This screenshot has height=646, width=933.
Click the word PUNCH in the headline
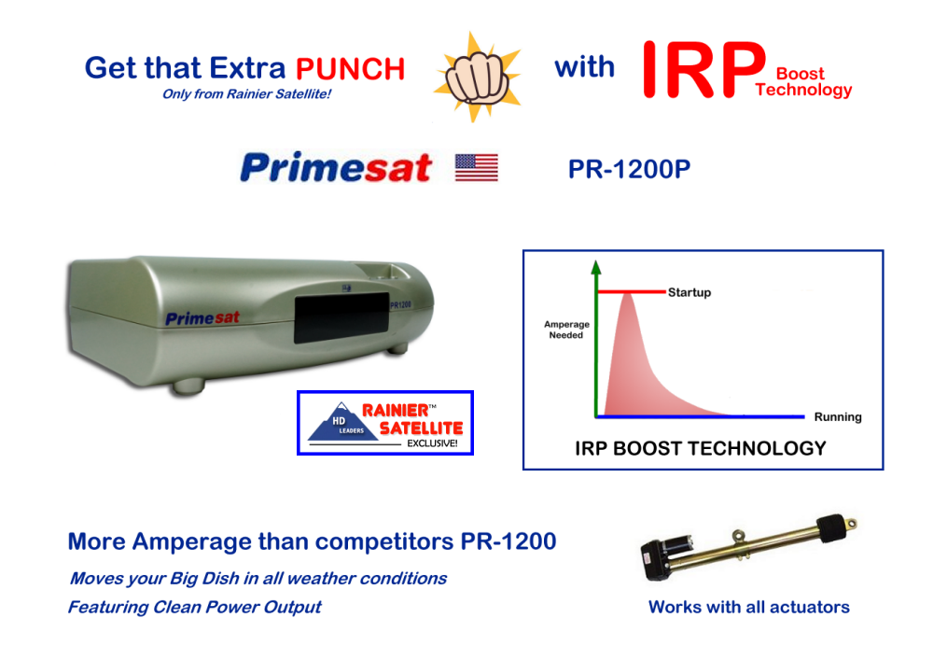pos(350,69)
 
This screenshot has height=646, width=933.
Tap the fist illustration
pos(477,78)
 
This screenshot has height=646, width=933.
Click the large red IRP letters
pos(703,70)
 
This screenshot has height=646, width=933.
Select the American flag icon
pos(477,167)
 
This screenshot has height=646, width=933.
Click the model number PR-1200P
pos(629,169)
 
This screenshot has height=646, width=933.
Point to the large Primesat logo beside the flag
pos(336,167)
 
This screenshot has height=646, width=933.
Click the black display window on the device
pos(341,318)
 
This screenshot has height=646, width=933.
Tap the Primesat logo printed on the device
pos(202,318)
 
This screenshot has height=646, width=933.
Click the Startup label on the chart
pos(689,292)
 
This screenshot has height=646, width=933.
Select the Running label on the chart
pos(838,416)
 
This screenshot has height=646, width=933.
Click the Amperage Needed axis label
pos(566,330)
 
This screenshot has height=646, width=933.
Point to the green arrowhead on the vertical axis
pos(596,267)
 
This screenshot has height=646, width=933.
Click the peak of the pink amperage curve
pos(627,294)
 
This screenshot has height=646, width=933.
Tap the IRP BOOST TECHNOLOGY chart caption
pos(701,448)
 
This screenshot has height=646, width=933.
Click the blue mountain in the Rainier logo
pos(342,422)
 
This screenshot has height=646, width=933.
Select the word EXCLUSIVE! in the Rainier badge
pos(432,443)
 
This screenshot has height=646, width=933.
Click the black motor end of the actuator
pos(667,555)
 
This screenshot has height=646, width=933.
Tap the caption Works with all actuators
pos(748,607)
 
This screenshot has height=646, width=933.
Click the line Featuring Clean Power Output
pos(195,608)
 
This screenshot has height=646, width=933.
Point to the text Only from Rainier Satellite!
pos(246,94)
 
